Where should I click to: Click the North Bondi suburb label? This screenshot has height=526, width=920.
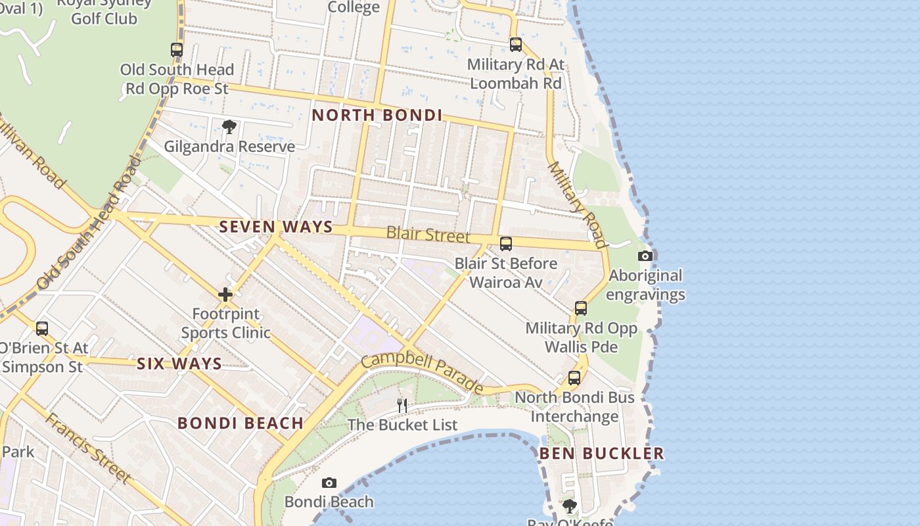tap(377, 115)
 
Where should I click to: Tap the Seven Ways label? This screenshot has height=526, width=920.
tap(276, 227)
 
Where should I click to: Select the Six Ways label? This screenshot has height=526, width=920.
tap(179, 364)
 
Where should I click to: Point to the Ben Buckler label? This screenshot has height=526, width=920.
tap(601, 453)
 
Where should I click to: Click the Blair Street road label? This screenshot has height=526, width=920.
tap(428, 234)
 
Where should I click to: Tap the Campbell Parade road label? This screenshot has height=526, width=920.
tap(423, 372)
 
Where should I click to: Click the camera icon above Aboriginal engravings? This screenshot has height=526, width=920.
tap(645, 256)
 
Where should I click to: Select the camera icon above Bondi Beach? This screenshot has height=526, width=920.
tap(329, 483)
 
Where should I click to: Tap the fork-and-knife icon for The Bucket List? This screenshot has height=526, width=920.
tap(402, 405)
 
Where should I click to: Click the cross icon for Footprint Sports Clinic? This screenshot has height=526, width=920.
tap(225, 295)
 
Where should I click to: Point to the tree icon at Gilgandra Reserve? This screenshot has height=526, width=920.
tap(229, 127)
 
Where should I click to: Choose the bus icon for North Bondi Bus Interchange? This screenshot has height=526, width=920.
tap(574, 378)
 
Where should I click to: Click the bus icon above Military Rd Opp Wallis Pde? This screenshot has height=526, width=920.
tap(581, 308)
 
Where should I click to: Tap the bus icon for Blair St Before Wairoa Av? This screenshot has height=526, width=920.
tap(506, 244)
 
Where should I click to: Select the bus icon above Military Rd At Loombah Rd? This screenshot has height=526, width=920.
tap(516, 45)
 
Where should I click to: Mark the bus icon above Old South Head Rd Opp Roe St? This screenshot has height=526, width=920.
tap(177, 49)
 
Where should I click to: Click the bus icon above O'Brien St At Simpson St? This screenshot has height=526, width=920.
tap(42, 328)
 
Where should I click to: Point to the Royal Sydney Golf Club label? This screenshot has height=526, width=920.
tap(104, 11)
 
